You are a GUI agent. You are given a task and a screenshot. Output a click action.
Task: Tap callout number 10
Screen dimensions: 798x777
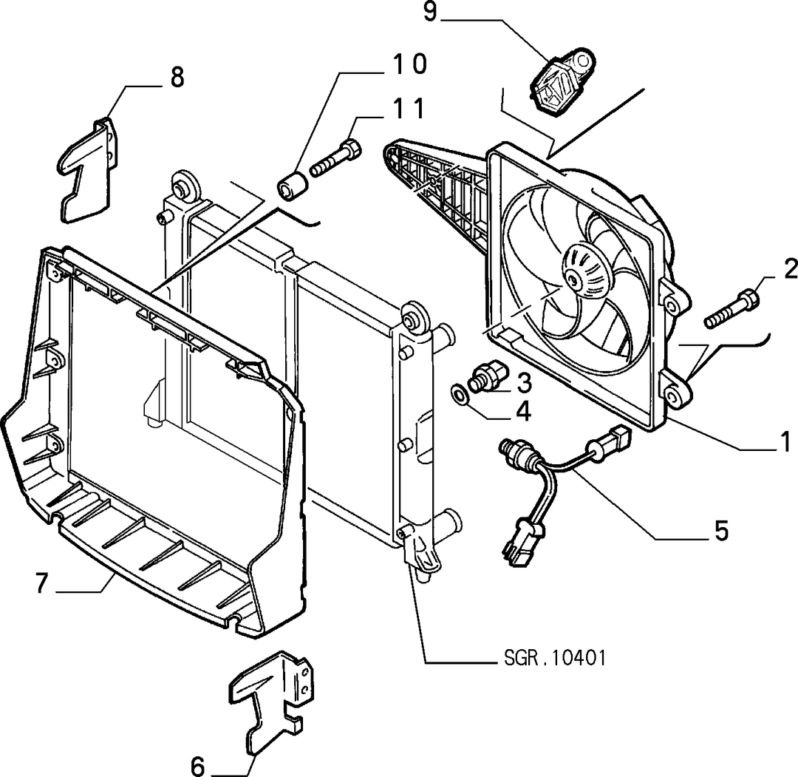point(409,64)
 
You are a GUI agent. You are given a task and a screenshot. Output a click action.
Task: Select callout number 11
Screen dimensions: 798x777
point(408,109)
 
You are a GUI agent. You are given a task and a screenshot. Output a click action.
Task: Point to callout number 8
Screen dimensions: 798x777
point(177,78)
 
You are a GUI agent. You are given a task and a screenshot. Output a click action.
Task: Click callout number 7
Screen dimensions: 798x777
point(41,583)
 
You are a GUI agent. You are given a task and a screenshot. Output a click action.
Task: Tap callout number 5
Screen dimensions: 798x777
point(722,530)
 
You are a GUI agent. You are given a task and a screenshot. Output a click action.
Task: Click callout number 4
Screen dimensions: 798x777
point(524,411)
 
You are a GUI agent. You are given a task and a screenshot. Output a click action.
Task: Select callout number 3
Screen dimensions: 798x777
point(524,383)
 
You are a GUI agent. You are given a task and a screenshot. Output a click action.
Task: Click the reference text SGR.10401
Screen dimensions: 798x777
point(555,658)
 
